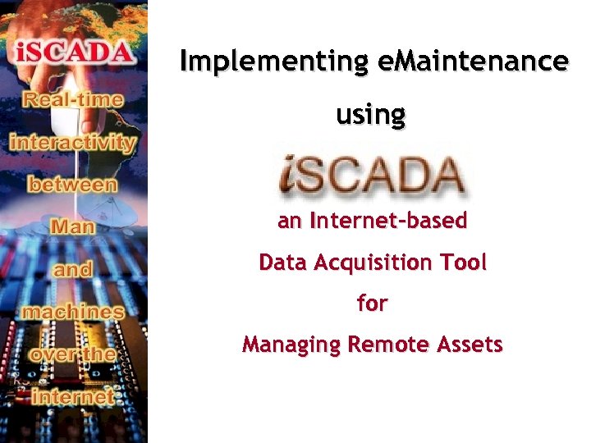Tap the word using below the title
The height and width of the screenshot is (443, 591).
371,115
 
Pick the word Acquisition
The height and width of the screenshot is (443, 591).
378,263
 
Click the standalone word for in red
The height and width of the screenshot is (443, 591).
372,304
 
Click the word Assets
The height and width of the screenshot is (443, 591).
469,345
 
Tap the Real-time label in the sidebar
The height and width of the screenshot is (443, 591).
73,100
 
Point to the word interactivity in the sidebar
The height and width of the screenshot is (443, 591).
73,142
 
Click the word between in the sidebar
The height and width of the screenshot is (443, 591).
73,184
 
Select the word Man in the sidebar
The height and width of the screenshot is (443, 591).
73,226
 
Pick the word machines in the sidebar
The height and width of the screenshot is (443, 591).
73,312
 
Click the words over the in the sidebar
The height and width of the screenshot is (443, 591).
73,354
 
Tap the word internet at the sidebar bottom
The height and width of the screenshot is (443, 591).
73,396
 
